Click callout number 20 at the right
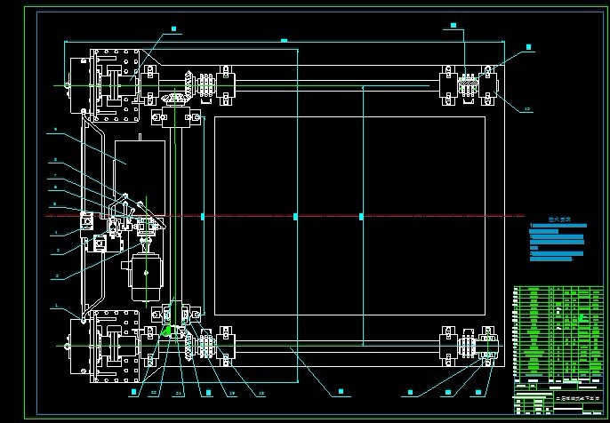526,109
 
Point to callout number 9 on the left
54,130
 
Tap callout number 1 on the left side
54,305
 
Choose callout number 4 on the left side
54,233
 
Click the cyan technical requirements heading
558,218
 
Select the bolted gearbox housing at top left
112,85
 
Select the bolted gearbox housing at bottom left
112,346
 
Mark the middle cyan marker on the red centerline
295,216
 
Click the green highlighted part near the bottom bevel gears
166,330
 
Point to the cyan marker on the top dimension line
284,40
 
